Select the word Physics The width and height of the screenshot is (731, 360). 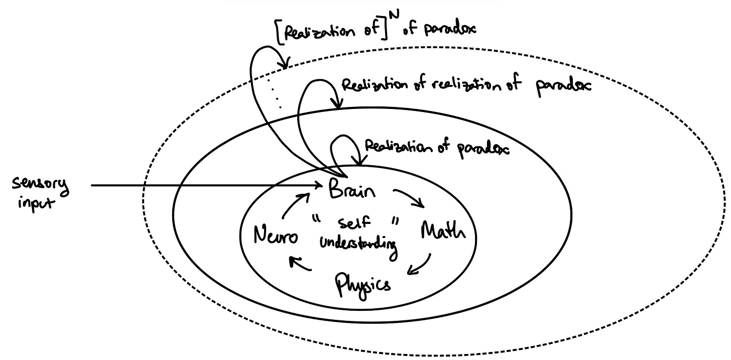362,283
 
